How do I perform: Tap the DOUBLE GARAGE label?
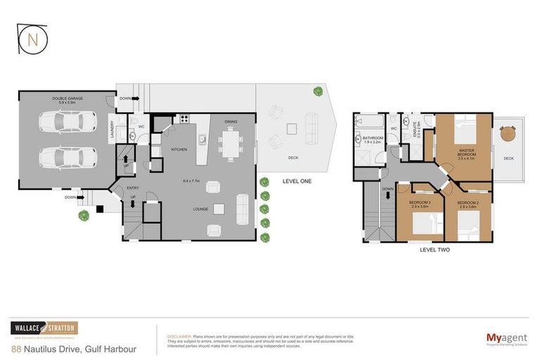67,98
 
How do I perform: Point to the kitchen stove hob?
185,120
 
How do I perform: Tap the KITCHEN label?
179,149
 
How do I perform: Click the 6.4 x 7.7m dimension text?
191,180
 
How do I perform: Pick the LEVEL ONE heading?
296,181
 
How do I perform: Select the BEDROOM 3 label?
420,204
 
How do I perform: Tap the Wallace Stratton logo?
44,328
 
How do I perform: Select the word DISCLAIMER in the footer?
179,337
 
